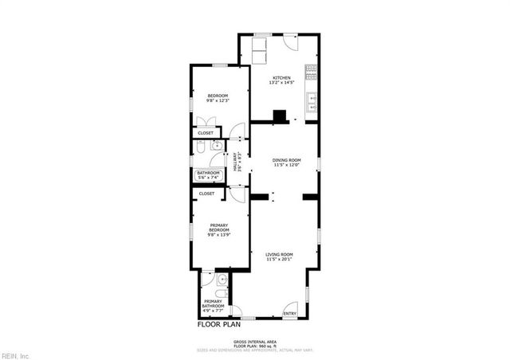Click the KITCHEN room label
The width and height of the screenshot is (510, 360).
(x=282, y=77)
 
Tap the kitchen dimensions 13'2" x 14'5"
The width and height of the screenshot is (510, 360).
(x=282, y=83)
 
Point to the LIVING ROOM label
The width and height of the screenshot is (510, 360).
(x=280, y=254)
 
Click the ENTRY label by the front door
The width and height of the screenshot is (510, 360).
(x=289, y=314)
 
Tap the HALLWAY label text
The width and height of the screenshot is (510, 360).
(x=236, y=161)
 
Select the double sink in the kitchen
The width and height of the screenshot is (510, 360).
(x=312, y=101)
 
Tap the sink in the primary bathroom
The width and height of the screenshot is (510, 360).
(x=223, y=280)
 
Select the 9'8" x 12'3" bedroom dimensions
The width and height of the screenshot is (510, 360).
(x=217, y=100)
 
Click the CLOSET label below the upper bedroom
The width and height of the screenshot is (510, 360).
(x=206, y=133)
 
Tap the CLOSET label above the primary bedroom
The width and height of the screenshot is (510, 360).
(x=207, y=193)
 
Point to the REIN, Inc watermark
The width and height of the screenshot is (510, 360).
(x=15, y=354)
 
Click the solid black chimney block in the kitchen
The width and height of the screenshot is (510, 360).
(x=280, y=115)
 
